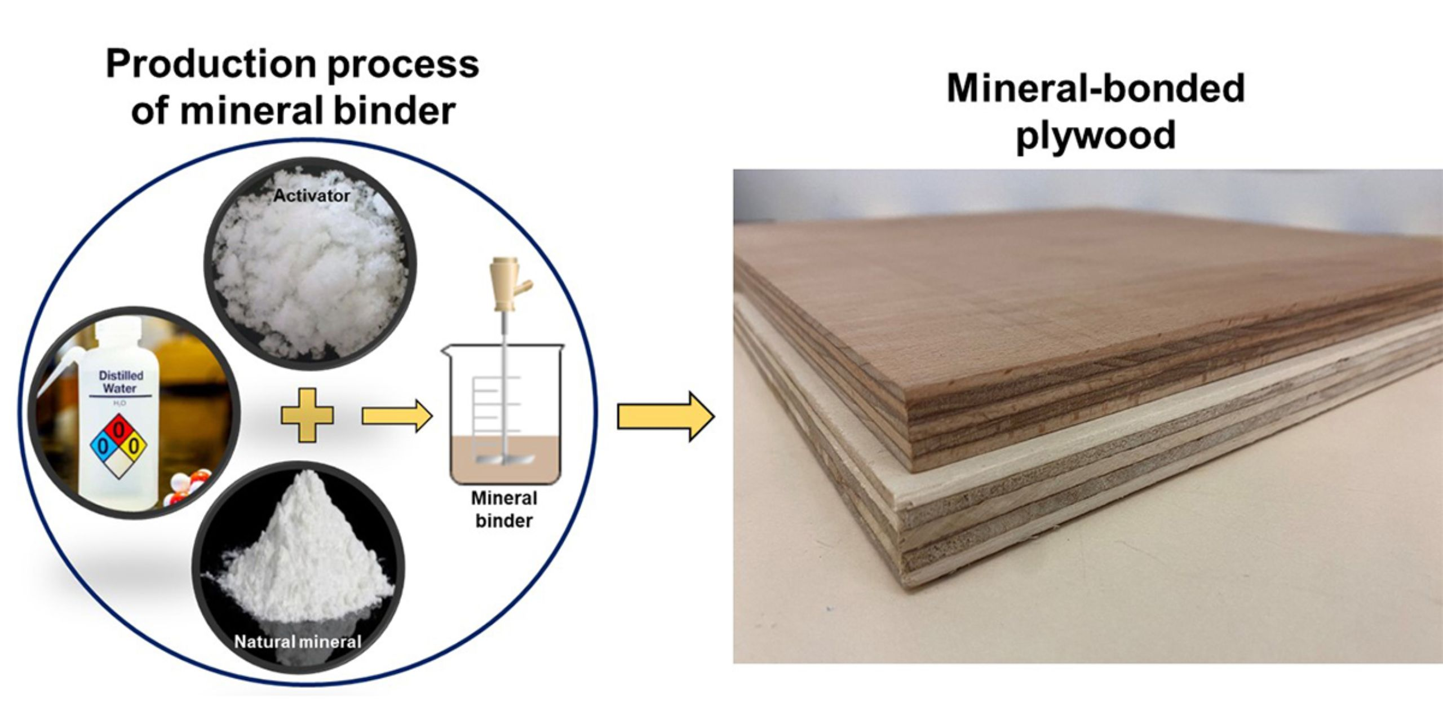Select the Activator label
311,196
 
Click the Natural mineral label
298,642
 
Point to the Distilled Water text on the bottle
121,382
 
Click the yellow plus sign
307,415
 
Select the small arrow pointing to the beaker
396,416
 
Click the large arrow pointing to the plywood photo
665,417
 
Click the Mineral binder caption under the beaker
504,509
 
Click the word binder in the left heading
395,111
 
